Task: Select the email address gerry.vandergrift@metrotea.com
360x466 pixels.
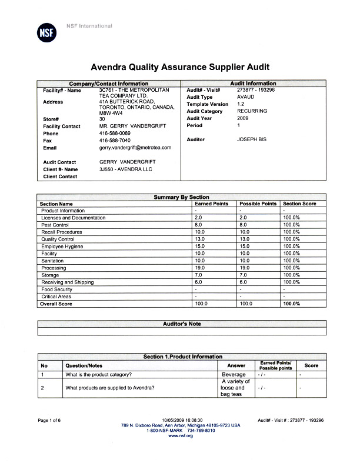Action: point(135,148)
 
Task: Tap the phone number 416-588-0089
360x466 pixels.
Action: point(115,134)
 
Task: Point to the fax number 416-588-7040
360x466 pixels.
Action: point(115,141)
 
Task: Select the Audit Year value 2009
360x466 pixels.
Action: point(244,118)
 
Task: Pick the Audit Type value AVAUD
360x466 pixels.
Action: point(246,97)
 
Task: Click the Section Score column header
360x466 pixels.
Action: point(299,204)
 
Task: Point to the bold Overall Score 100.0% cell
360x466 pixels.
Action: point(292,304)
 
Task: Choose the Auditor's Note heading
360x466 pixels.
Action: point(182,324)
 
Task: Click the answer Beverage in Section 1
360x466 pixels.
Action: point(234,374)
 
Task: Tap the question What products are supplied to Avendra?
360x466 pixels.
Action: point(110,388)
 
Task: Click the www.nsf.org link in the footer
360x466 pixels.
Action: point(181,435)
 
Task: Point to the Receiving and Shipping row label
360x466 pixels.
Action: point(68,282)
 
